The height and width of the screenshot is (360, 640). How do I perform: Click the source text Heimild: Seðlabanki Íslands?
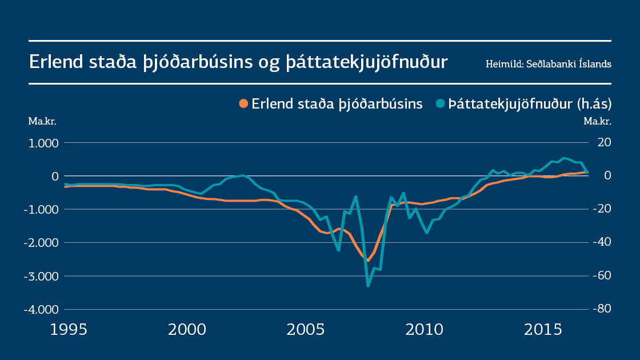[x=549, y=63]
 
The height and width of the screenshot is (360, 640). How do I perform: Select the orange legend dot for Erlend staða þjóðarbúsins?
[x=243, y=103]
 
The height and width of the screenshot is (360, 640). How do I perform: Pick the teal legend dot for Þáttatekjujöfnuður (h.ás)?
[x=440, y=103]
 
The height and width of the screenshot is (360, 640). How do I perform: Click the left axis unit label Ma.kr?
[x=42, y=121]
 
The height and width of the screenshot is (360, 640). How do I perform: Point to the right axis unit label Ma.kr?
[x=597, y=121]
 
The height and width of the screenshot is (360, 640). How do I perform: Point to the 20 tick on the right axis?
[x=605, y=143]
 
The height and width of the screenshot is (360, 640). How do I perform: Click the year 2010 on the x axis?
[x=425, y=330]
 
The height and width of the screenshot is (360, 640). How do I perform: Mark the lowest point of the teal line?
[x=368, y=286]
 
